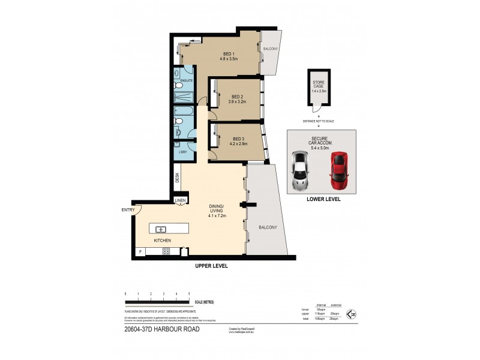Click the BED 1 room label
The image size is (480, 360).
coord(229,54)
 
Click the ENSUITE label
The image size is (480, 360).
coord(187,80)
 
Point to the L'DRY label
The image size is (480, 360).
coord(182,152)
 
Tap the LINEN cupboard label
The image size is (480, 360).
coord(181,200)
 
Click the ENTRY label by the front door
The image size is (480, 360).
coord(128,209)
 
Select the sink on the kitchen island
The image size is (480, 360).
coord(161,229)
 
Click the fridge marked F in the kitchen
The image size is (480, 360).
coord(140,251)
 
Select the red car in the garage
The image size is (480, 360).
coord(339,169)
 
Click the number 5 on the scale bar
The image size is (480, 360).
coord(189,293)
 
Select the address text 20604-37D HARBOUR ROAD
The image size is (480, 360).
coord(161,329)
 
